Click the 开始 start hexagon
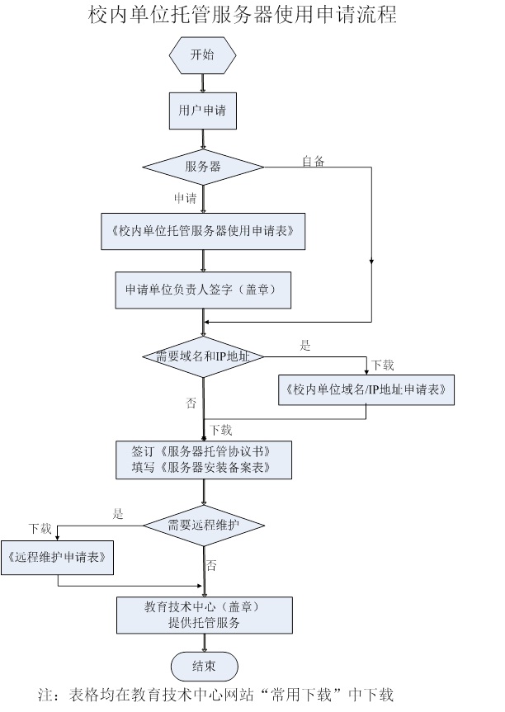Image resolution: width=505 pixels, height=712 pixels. pos(202,55)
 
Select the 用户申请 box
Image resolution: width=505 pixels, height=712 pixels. pos(202,110)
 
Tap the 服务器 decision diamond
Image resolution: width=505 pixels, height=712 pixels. pos(203,167)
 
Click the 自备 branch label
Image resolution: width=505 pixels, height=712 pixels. pos(314,162)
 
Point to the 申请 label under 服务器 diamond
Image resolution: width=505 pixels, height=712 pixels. pos(185,199)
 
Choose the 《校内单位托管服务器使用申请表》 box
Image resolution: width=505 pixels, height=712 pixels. pos(203,231)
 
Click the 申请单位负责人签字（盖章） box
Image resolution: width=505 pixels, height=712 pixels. pos(203,290)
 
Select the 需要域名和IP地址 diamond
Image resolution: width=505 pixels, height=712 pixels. pos(203,356)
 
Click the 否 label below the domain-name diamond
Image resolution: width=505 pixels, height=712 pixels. pos(191,403)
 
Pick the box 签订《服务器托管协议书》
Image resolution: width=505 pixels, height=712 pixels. pos(203,460)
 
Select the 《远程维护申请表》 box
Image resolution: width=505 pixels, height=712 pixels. pos(58,558)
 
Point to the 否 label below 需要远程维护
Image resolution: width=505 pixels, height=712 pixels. pos(212,566)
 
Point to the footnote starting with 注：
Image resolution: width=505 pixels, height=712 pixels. pos(223,695)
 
